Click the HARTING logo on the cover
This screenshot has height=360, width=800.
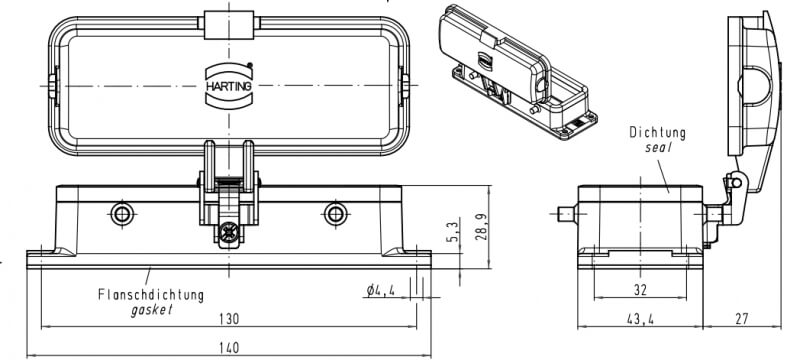tap(229, 85)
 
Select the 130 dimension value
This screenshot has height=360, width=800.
tap(229, 319)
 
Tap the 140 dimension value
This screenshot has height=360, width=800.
tap(229, 348)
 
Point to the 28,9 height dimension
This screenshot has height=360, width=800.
tap(482, 227)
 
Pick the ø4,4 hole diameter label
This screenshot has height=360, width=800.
tap(381, 291)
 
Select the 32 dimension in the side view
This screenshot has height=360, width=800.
tap(640, 290)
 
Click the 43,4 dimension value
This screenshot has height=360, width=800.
tap(640, 319)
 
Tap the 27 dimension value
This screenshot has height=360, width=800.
tap(741, 319)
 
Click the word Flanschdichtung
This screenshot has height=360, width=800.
tap(151, 295)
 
